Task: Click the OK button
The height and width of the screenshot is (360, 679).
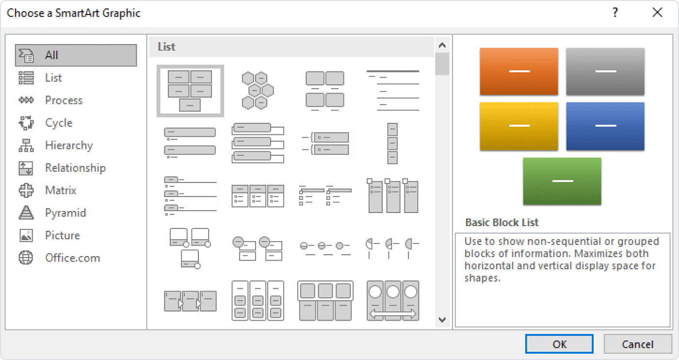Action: pyautogui.click(x=559, y=344)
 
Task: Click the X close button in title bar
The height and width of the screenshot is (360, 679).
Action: pyautogui.click(x=657, y=13)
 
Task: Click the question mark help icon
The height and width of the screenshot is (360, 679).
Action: pyautogui.click(x=615, y=13)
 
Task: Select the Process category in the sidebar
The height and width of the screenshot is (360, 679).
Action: pyautogui.click(x=64, y=100)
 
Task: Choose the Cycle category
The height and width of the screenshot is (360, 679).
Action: pyautogui.click(x=59, y=123)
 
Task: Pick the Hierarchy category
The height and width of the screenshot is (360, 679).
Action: pyautogui.click(x=68, y=146)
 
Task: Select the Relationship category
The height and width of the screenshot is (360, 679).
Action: pyautogui.click(x=75, y=168)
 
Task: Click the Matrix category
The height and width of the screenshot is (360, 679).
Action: pyautogui.click(x=61, y=190)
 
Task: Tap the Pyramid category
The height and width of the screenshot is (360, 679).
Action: pyautogui.click(x=65, y=213)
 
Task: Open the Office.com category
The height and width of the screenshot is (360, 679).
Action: pyautogui.click(x=72, y=258)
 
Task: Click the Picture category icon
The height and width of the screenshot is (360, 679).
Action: pyautogui.click(x=26, y=235)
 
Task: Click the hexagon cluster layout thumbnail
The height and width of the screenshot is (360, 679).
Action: pyautogui.click(x=258, y=91)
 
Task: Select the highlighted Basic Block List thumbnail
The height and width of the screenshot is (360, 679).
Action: pyautogui.click(x=190, y=91)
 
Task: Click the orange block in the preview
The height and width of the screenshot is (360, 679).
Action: pyautogui.click(x=519, y=71)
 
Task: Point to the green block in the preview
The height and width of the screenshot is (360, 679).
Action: pyautogui.click(x=562, y=181)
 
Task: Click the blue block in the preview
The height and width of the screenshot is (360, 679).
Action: pyautogui.click(x=605, y=126)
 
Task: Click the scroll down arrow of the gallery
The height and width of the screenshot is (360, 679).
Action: pyautogui.click(x=442, y=319)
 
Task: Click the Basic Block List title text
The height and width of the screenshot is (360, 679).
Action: pyautogui.click(x=502, y=223)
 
